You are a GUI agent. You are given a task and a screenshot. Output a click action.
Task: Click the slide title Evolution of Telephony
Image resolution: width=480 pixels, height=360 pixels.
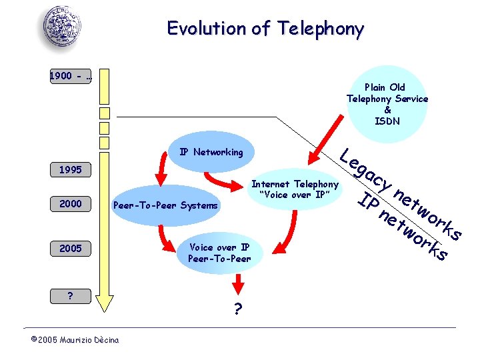[265, 29]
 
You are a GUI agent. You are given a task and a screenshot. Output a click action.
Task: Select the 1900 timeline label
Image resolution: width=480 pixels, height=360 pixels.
[71, 76]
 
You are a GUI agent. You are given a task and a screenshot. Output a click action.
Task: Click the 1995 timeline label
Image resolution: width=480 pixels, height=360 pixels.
[70, 170]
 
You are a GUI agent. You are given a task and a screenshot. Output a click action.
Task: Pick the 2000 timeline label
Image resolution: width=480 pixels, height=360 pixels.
[70, 204]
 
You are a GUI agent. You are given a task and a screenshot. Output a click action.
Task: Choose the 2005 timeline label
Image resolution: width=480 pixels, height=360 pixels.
[70, 248]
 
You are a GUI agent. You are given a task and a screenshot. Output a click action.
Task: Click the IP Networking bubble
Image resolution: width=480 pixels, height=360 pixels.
[211, 152]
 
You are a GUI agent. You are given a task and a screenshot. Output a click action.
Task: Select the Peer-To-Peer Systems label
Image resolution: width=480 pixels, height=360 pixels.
[166, 205]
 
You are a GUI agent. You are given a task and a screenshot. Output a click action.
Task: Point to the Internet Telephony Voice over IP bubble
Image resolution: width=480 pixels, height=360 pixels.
[295, 189]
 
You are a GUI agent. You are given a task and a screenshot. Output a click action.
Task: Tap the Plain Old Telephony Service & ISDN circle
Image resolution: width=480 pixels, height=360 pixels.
[387, 104]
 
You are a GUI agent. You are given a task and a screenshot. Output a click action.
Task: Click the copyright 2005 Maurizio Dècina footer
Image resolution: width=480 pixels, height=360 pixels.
[75, 340]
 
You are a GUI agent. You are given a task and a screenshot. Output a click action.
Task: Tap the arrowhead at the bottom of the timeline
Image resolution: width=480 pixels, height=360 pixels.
[103, 303]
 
